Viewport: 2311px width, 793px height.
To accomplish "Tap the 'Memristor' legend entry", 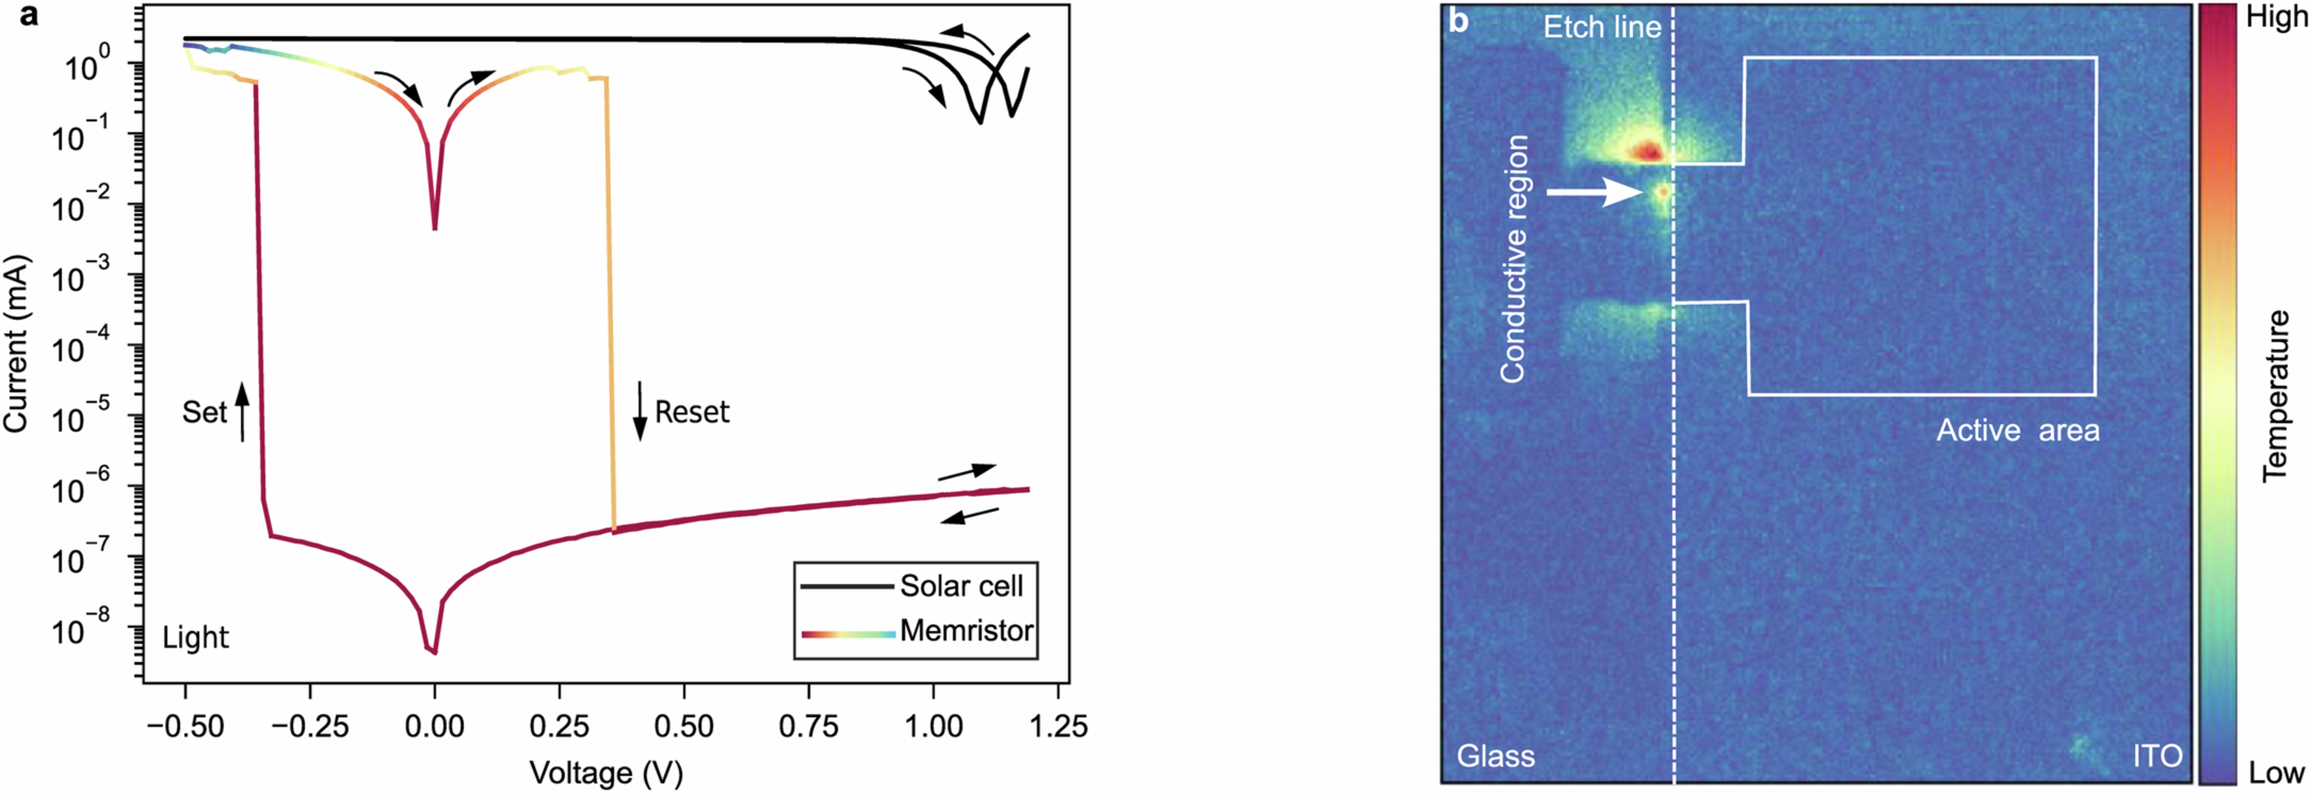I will (966, 631).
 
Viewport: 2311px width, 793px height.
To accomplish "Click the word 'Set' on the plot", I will (204, 412).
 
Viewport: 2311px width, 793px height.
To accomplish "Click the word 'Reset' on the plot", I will (692, 412).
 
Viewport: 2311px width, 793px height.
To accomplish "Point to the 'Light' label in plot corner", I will (196, 638).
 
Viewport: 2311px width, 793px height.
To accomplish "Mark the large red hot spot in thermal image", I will (1647, 151).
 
